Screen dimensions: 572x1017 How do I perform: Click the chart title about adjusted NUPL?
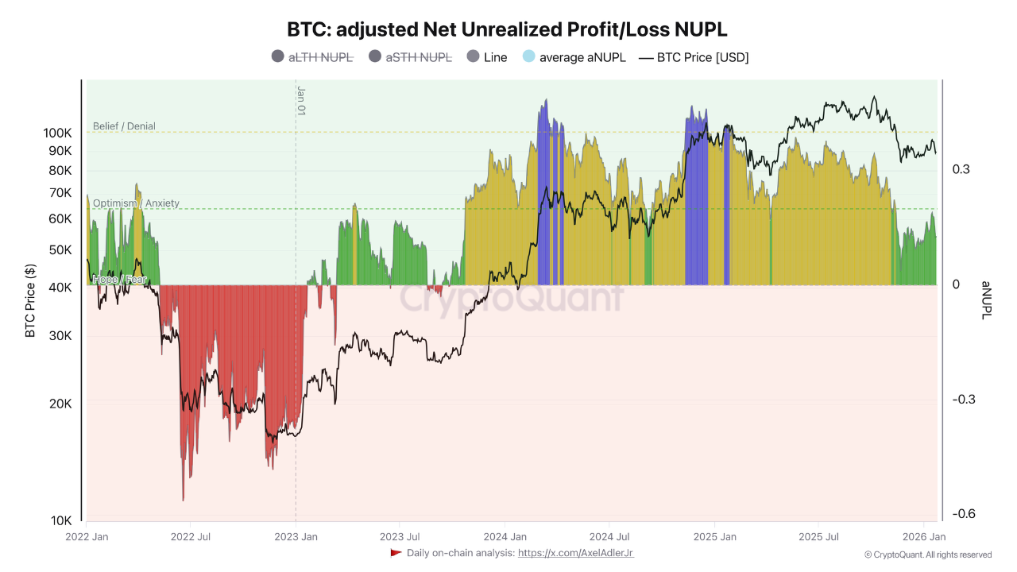pyautogui.click(x=508, y=29)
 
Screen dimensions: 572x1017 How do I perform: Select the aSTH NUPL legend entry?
pyautogui.click(x=411, y=57)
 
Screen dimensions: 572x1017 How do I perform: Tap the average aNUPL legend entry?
pyautogui.click(x=574, y=57)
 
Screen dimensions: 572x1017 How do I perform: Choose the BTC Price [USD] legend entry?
pyautogui.click(x=694, y=57)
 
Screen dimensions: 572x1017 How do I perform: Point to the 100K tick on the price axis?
pyautogui.click(x=58, y=133)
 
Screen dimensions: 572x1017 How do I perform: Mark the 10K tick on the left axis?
pyautogui.click(x=61, y=520)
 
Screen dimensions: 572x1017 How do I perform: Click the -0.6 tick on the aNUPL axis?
pyautogui.click(x=965, y=514)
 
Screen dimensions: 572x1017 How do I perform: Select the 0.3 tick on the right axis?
pyautogui.click(x=961, y=169)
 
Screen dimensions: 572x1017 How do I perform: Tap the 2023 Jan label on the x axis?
pyautogui.click(x=296, y=537)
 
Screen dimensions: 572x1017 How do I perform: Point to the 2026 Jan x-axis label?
pyautogui.click(x=924, y=537)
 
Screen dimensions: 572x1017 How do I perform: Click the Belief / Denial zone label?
pyautogui.click(x=124, y=126)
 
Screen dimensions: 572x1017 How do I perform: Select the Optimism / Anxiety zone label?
pyautogui.click(x=136, y=203)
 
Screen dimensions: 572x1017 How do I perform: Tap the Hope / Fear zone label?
pyautogui.click(x=119, y=280)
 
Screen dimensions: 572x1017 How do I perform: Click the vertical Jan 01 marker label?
pyautogui.click(x=301, y=101)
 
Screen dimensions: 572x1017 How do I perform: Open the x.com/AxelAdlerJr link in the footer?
pyautogui.click(x=575, y=553)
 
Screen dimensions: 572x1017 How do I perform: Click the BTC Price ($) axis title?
pyautogui.click(x=31, y=301)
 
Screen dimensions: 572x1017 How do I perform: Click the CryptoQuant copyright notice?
pyautogui.click(x=927, y=555)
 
